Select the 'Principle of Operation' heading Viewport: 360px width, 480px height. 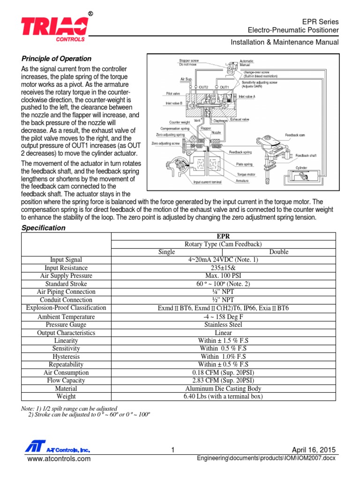click(57, 59)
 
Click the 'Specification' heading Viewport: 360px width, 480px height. click(44, 228)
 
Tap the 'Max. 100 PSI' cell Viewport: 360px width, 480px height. click(223, 276)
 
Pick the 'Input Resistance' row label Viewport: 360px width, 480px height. click(66, 268)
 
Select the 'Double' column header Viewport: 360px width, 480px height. click(279, 252)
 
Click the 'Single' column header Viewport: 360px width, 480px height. click(166, 252)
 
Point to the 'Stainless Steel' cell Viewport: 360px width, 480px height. click(223, 324)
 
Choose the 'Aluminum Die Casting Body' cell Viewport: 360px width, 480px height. click(223, 389)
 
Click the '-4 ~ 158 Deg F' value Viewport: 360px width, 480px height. click(223, 316)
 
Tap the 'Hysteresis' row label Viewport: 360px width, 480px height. click(66, 356)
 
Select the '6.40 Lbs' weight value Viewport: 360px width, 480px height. click(223, 397)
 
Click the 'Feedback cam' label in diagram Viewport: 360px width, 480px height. click(295, 134)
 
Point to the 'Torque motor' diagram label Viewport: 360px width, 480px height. click(246, 174)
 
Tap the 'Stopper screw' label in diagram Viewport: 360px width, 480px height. click(188, 61)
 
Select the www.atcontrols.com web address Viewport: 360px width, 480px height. click(59, 459)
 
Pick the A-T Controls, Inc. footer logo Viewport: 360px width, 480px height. click(57, 449)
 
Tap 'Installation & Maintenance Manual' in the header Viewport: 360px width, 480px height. click(284, 42)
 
